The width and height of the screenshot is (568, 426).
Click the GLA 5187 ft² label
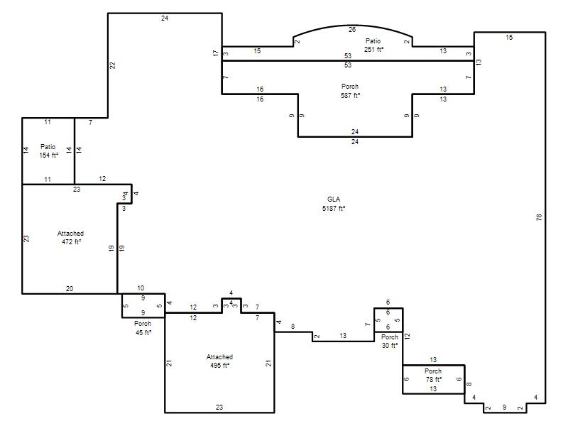click(x=334, y=204)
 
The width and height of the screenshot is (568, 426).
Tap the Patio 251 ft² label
click(x=373, y=45)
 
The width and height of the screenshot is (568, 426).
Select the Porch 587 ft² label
click(x=350, y=91)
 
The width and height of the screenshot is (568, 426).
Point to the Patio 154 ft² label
click(x=48, y=151)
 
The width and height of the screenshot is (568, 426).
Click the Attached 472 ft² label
click(x=70, y=238)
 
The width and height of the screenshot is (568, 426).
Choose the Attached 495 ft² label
click(x=219, y=361)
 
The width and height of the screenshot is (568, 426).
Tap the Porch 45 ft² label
click(x=143, y=328)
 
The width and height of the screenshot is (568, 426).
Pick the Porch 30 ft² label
click(x=390, y=342)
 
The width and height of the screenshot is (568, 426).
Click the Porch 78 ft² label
click(x=433, y=376)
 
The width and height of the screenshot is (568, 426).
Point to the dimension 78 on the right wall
click(x=539, y=217)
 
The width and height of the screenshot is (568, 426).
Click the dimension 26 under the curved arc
click(x=352, y=30)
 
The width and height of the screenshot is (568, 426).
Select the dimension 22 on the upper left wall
click(x=113, y=65)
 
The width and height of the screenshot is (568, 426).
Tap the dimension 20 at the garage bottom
click(x=70, y=289)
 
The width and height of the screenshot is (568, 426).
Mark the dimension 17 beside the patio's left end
click(x=216, y=53)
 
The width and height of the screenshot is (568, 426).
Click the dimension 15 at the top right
click(x=509, y=38)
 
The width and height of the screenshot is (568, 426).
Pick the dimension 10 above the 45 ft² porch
click(x=141, y=288)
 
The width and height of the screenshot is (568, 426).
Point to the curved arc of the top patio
click(x=353, y=26)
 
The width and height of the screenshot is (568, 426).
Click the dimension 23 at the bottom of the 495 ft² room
click(x=219, y=407)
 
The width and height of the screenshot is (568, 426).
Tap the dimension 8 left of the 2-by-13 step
click(x=293, y=327)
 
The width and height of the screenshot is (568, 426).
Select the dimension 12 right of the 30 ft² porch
click(x=407, y=336)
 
